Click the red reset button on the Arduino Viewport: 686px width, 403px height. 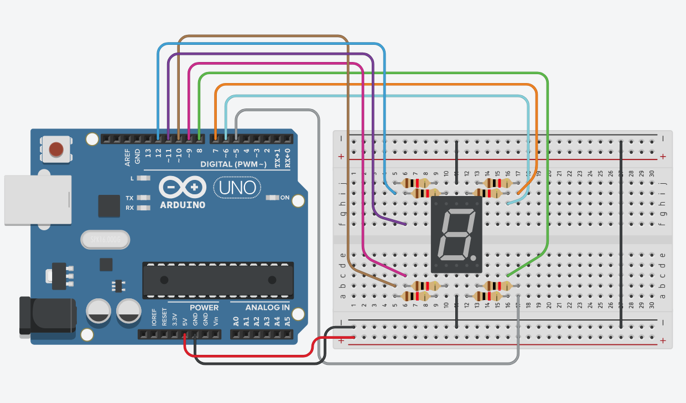point(56,149)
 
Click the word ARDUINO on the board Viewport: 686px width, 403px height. point(182,205)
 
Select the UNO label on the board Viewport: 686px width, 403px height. point(237,188)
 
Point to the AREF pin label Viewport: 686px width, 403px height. point(127,157)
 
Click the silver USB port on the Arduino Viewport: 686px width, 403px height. point(38,200)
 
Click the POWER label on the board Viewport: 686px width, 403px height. point(204,307)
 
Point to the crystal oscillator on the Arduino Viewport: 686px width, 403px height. point(105,240)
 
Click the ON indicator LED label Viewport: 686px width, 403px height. point(285,198)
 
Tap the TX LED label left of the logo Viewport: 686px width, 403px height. point(130,198)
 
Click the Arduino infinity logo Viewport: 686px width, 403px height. point(182,187)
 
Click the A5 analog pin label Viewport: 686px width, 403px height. point(287,320)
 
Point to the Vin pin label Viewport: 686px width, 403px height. point(215,320)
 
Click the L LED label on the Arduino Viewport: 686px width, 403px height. point(132,178)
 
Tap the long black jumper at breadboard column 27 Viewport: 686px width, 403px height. point(621,234)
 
